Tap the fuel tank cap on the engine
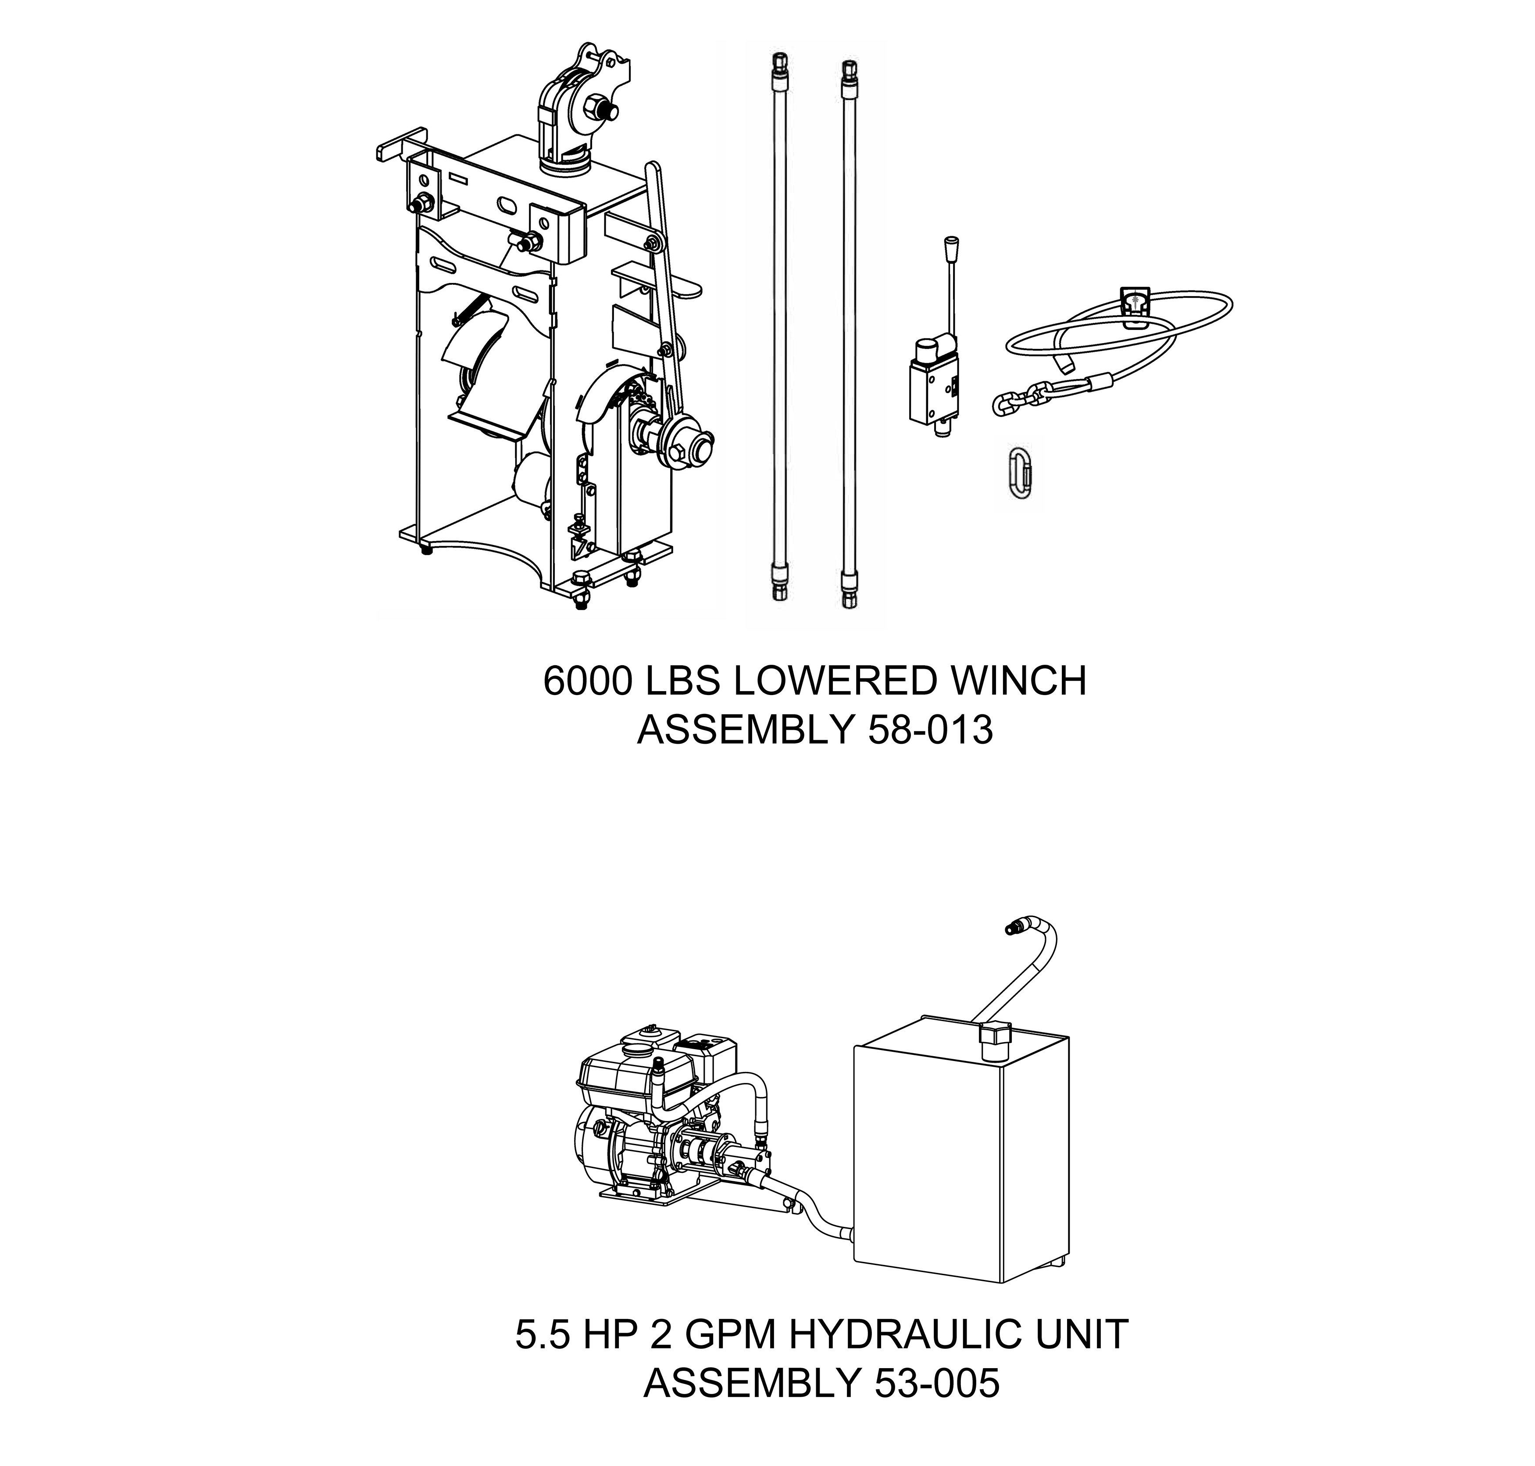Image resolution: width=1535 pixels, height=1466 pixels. coord(644,1036)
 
